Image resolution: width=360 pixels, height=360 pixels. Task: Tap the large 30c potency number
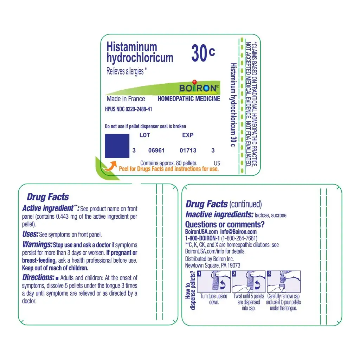click(203, 53)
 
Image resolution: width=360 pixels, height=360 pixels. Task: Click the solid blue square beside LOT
click(117, 146)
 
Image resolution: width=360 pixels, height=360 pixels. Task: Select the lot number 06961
click(156, 150)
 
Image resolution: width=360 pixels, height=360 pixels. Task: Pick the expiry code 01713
click(188, 150)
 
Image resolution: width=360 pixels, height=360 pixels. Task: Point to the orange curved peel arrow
click(110, 166)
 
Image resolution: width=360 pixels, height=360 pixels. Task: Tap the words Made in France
click(126, 99)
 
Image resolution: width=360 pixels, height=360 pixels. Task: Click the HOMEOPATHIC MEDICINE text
click(189, 99)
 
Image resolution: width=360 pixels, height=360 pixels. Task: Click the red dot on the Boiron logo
click(194, 82)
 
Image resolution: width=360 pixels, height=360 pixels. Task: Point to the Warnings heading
click(37, 245)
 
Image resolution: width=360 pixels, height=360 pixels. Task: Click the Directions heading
click(38, 277)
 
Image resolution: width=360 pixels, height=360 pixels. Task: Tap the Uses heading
click(30, 234)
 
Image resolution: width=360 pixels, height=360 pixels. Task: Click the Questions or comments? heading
click(225, 224)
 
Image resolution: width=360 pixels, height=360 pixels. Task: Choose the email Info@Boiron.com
click(238, 232)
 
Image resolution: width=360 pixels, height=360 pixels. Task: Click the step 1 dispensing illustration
click(214, 281)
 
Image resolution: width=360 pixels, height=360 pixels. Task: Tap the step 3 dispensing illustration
click(284, 281)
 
